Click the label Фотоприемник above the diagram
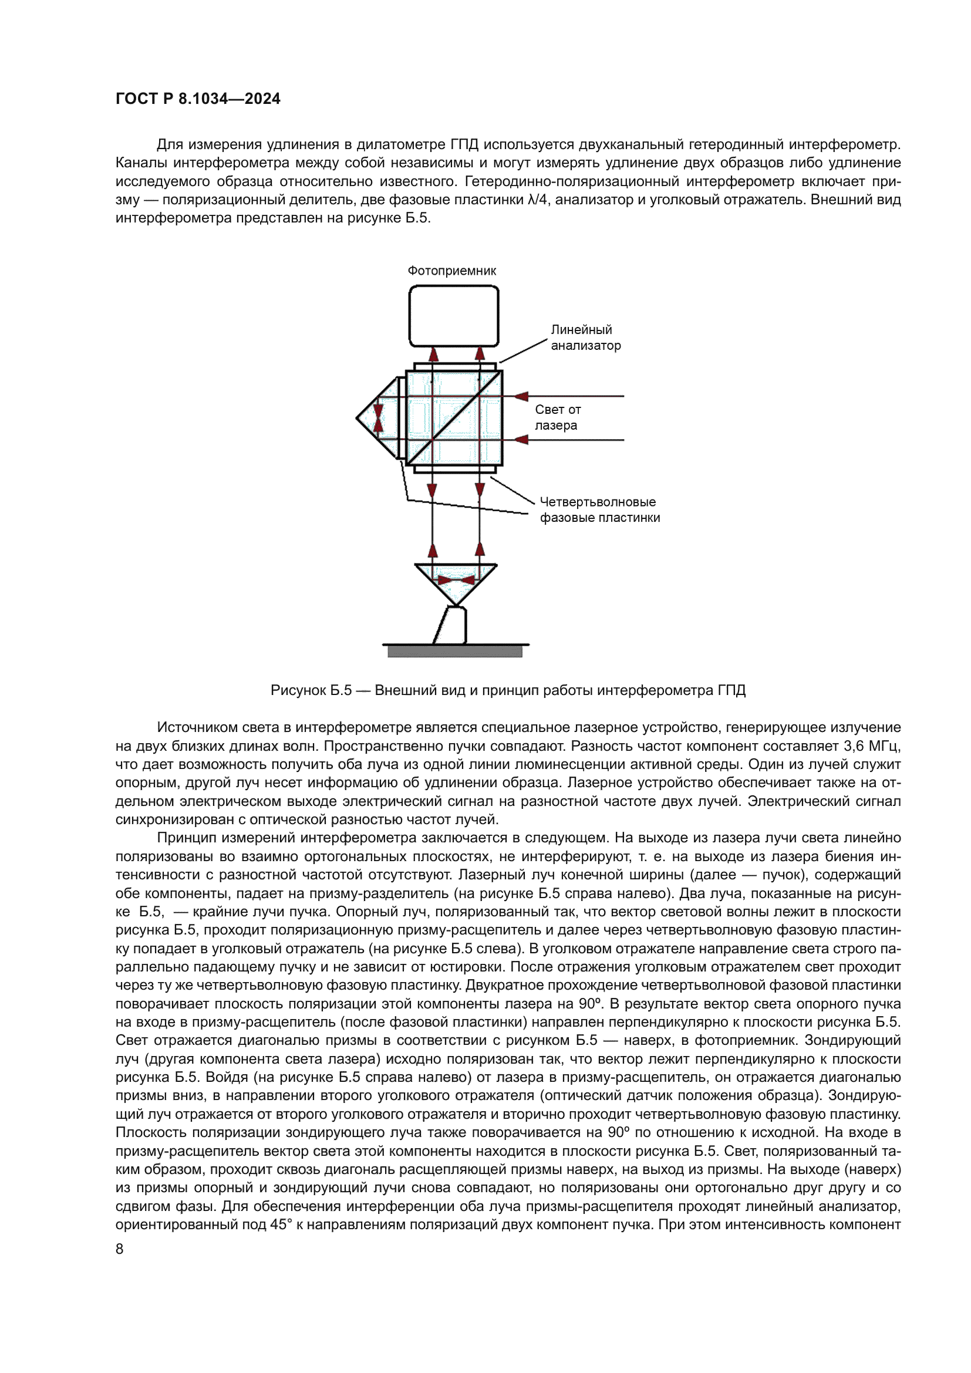tap(451, 271)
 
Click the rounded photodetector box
tap(454, 316)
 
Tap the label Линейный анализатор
tap(585, 338)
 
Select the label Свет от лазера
tap(557, 417)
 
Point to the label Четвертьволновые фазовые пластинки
tap(599, 510)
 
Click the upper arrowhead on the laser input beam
tap(521, 396)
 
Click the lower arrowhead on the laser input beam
tap(521, 440)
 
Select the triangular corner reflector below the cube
tap(456, 583)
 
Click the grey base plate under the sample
tap(454, 652)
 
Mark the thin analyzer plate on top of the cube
tap(454, 366)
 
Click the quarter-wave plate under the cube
tap(454, 470)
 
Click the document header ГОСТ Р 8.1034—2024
tap(198, 99)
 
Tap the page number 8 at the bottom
tap(119, 1249)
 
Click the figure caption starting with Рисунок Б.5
tap(508, 691)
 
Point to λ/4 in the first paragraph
tap(538, 200)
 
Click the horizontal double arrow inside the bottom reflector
tap(456, 580)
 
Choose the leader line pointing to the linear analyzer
tap(523, 350)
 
